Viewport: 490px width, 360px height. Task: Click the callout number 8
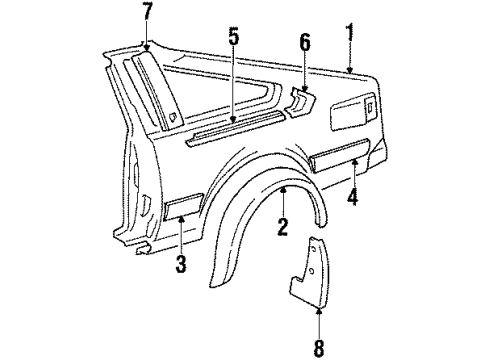pos(319,349)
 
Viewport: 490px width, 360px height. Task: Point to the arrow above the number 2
pos(283,200)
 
